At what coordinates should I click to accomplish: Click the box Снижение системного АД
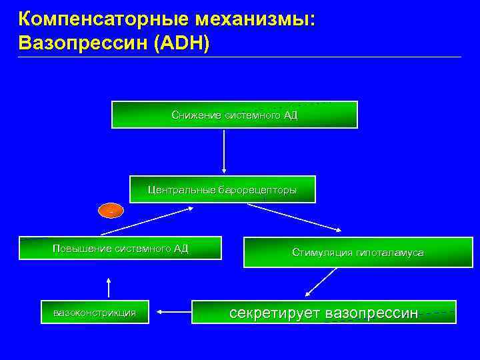point(234,115)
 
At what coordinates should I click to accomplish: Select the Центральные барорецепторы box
point(222,190)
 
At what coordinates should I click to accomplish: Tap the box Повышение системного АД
point(120,249)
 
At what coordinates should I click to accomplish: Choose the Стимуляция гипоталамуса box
point(357,253)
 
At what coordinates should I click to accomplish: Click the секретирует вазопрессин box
point(323,312)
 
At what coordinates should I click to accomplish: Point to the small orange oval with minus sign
point(111,211)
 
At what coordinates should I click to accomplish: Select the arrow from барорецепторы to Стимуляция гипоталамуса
point(294,217)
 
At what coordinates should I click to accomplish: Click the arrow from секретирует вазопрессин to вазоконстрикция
point(175,311)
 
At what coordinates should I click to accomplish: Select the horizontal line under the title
point(240,57)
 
